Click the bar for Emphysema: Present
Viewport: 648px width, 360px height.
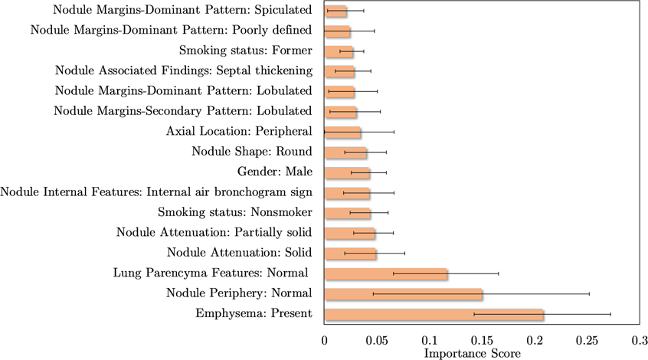(x=434, y=314)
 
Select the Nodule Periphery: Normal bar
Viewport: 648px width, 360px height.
(x=403, y=294)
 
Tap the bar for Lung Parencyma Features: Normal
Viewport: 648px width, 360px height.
(x=385, y=273)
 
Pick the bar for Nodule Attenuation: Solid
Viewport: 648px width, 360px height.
(x=350, y=254)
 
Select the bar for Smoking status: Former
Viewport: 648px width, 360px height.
(x=339, y=51)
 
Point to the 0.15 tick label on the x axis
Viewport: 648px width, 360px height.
(x=483, y=339)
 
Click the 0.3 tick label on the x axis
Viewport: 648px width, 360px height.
(x=640, y=339)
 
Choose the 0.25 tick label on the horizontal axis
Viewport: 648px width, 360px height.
(x=587, y=339)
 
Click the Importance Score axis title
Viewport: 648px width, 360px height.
(x=473, y=353)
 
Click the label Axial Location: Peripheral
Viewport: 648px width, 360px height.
(x=239, y=132)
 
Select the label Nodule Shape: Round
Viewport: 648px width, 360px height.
(x=252, y=152)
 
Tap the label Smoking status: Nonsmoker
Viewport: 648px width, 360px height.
(x=234, y=212)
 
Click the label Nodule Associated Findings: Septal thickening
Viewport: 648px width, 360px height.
(x=184, y=71)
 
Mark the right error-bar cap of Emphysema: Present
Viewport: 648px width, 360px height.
(x=610, y=314)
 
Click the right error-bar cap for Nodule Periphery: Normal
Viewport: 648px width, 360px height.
(x=589, y=294)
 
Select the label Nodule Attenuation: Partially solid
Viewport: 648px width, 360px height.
(x=214, y=233)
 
